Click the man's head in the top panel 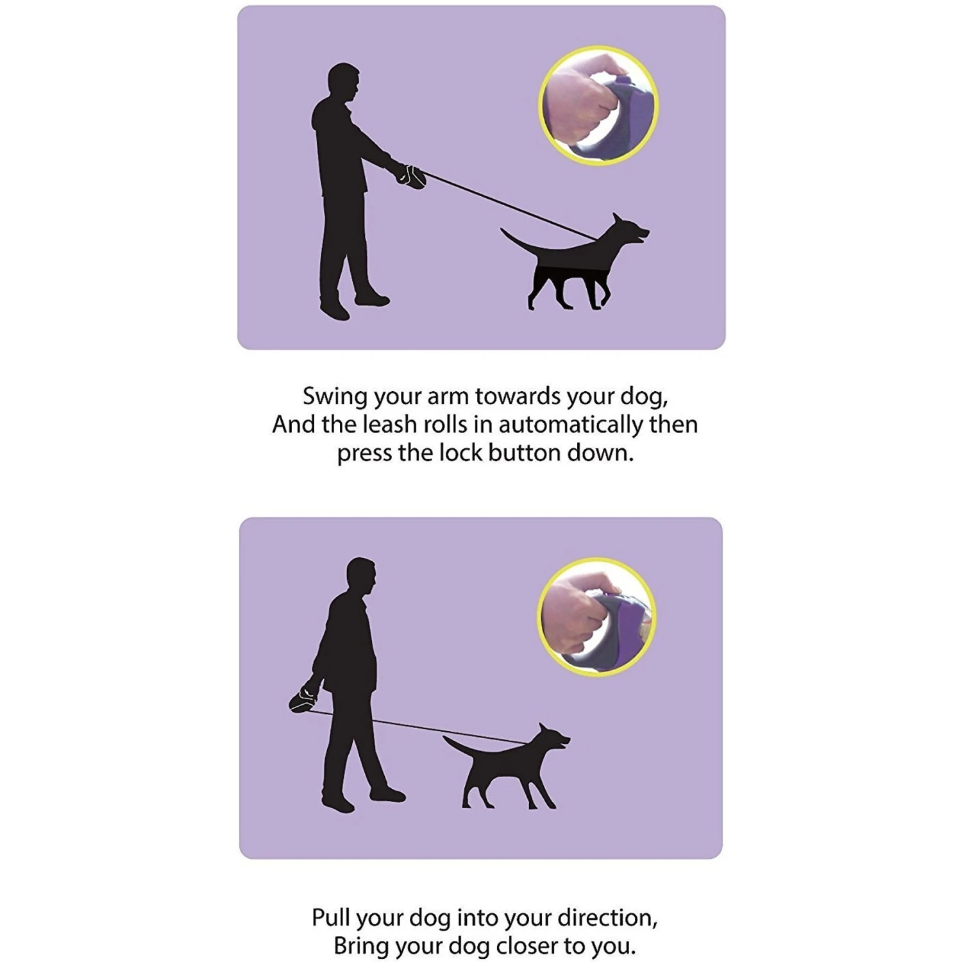pos(344,81)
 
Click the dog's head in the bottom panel pos(550,740)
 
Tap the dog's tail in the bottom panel pos(458,748)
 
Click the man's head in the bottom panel pos(361,577)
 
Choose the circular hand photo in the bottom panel pos(596,617)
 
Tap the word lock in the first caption pos(460,453)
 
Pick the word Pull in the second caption pos(331,918)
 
